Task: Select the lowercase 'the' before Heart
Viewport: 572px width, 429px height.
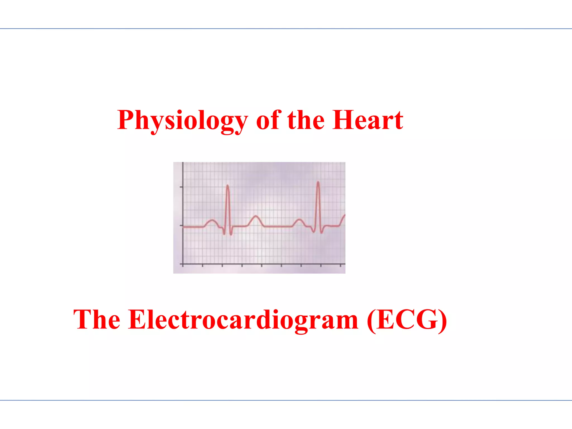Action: coord(306,120)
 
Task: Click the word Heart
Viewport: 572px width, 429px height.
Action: coord(368,120)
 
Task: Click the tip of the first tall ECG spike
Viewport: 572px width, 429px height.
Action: coord(228,185)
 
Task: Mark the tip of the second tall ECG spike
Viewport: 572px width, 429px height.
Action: coord(318,182)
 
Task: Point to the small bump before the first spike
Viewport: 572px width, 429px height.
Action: coord(212,221)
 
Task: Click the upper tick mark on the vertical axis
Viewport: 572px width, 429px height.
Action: coord(182,187)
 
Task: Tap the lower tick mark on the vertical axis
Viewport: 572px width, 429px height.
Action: coord(182,225)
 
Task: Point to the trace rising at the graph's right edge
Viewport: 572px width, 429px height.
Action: coord(343,218)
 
